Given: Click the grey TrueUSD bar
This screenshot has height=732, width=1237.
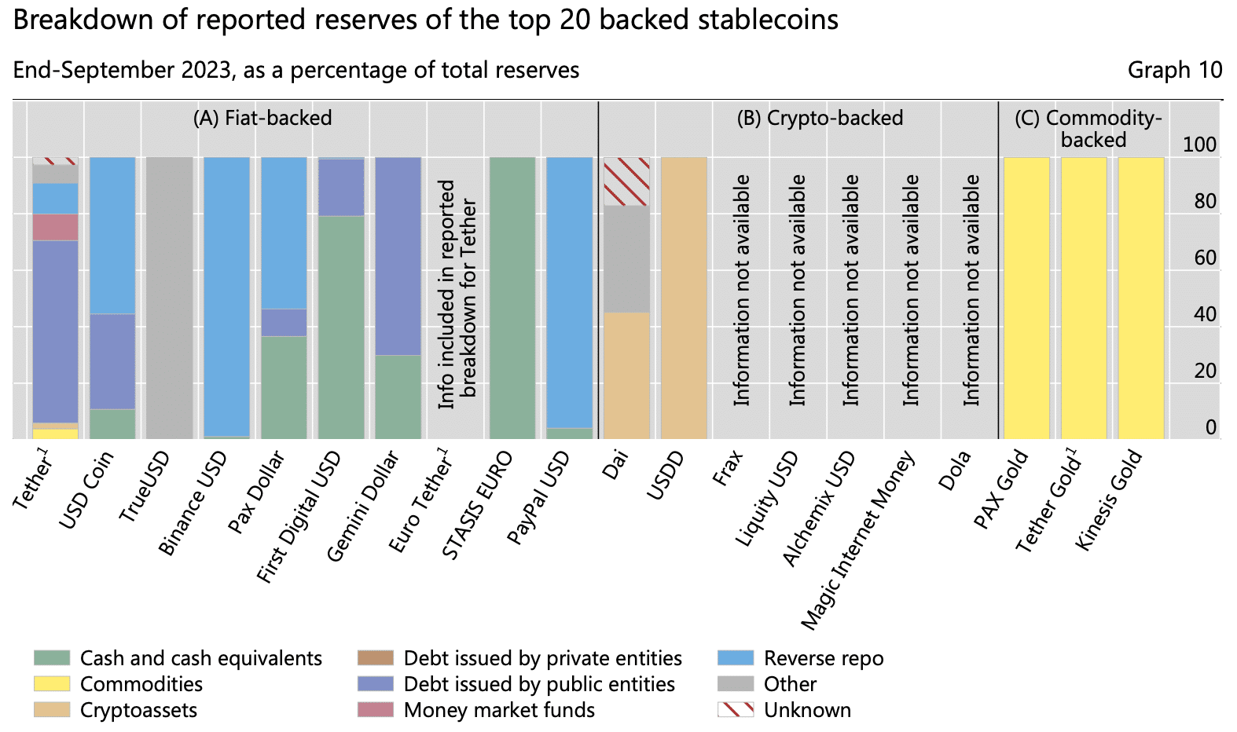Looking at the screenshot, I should click(170, 298).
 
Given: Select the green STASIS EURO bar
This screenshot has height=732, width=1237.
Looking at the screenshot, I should click(512, 298).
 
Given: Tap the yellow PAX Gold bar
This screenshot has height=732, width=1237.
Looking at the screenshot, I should click(1026, 298).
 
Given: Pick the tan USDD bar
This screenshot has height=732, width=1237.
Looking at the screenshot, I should click(684, 298).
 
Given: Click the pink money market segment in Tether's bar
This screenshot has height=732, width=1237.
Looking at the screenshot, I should click(55, 228).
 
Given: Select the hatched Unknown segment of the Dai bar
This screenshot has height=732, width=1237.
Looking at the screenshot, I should click(626, 181).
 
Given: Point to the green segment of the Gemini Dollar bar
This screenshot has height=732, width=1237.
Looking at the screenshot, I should click(398, 397).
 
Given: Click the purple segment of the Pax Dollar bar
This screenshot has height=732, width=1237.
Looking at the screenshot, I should click(284, 322).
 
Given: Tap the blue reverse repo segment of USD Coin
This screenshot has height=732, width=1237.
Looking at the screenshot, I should click(112, 236).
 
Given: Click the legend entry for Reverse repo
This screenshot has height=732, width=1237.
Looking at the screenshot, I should click(823, 658).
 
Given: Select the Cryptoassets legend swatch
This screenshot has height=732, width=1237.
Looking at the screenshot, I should click(52, 710).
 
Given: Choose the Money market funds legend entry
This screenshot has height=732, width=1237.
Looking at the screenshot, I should click(498, 710).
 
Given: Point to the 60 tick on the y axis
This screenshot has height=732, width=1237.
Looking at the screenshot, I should click(1205, 258).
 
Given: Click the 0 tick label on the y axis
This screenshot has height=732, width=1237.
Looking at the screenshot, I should click(1210, 427).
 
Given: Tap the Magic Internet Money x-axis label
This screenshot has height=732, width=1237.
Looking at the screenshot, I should click(858, 542).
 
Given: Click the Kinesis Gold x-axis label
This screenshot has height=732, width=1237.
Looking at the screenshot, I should click(1109, 500).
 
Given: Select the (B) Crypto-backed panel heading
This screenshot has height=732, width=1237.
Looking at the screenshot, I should click(820, 118).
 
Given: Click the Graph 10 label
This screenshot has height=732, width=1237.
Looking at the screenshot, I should click(1174, 70).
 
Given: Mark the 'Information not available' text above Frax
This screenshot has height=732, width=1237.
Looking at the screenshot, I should click(742, 291).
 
